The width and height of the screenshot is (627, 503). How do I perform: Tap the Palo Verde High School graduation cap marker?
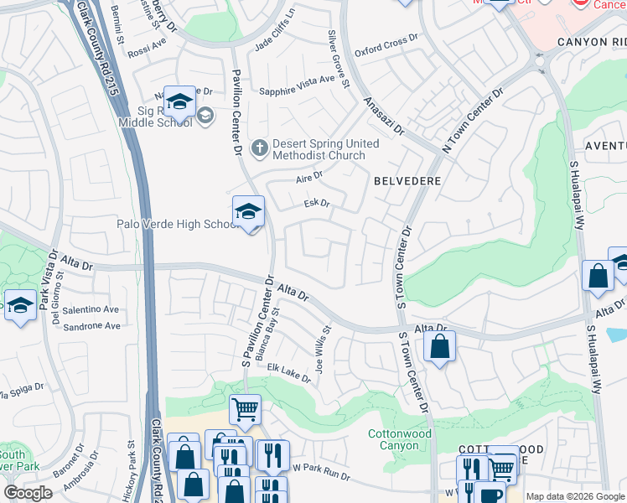[248, 213]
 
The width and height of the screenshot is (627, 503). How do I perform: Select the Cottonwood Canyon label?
[400, 439]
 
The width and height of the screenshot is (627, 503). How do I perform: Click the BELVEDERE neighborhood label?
[407, 179]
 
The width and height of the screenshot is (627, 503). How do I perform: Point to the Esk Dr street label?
[316, 203]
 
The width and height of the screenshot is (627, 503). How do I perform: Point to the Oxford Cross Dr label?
[386, 43]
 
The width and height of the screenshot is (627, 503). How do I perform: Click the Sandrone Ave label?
[92, 326]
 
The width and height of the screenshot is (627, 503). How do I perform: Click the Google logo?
[28, 493]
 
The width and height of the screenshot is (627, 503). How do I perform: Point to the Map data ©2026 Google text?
[575, 496]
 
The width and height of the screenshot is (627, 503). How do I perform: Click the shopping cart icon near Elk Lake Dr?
[245, 410]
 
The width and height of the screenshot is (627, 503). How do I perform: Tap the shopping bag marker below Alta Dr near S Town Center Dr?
[439, 346]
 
